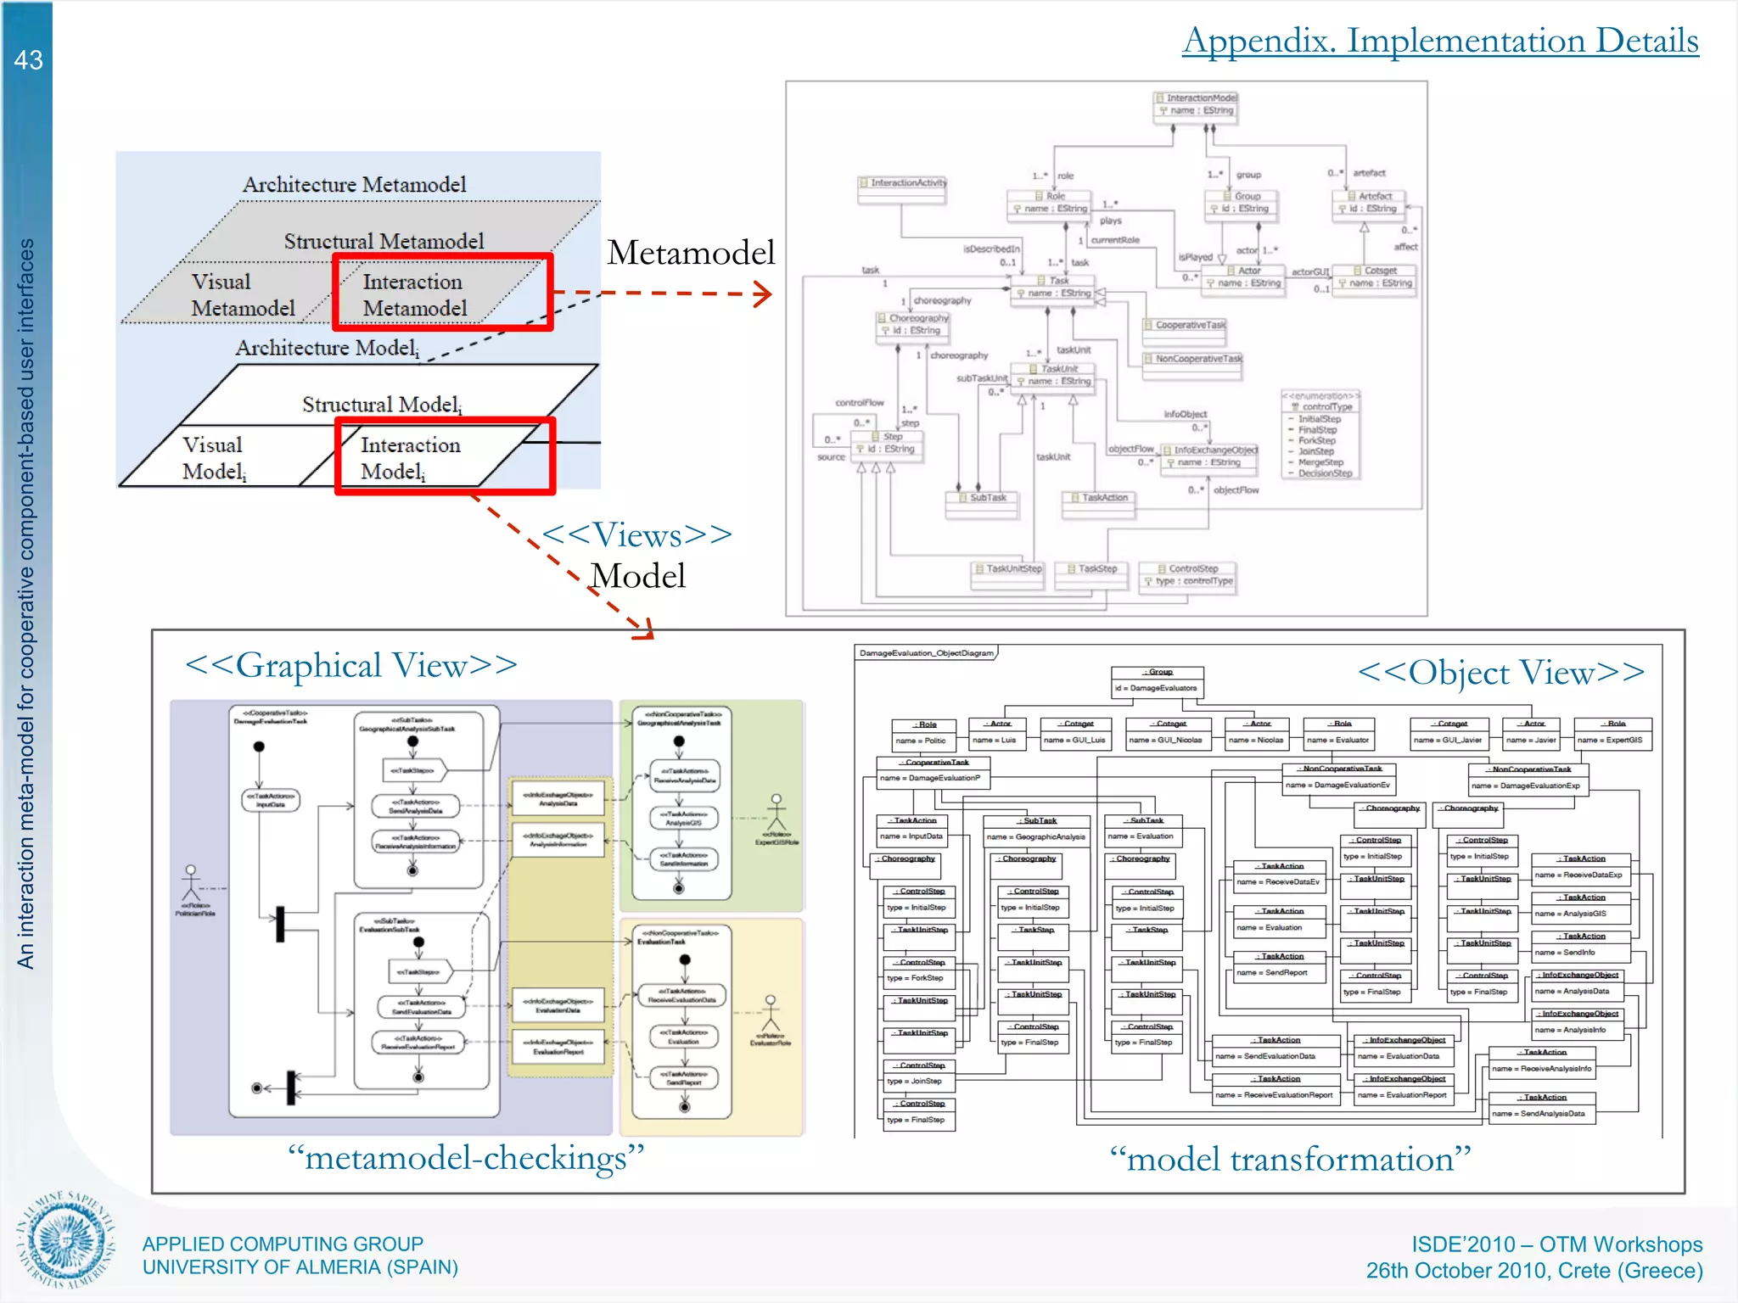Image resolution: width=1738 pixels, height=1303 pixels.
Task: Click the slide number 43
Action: [28, 60]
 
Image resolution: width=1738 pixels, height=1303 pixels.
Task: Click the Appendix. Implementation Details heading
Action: [1440, 41]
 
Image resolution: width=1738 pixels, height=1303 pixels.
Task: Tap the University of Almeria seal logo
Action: [65, 1239]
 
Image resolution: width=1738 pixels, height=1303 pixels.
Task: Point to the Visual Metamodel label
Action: [243, 294]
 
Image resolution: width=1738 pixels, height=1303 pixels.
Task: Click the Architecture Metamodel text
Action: [355, 184]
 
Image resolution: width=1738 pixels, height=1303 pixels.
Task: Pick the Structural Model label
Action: [382, 405]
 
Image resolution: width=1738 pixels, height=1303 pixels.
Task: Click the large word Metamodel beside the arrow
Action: [691, 253]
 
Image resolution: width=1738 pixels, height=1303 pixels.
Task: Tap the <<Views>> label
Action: [636, 534]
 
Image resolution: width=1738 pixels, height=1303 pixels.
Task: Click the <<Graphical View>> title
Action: [351, 665]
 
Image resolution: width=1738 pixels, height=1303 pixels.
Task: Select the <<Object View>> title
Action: [1500, 673]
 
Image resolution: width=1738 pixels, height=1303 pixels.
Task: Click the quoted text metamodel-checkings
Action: [466, 1158]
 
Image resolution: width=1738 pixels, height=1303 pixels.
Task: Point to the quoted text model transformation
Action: [1290, 1160]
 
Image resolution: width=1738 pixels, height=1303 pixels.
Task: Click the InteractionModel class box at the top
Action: [1197, 105]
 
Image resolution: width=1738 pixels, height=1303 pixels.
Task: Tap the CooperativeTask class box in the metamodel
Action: [1184, 326]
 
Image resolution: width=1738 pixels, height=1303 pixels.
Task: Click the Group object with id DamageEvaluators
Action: [1158, 681]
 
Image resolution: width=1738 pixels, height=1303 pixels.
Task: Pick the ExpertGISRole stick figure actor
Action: [776, 814]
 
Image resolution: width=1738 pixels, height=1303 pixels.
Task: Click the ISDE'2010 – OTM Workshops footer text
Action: [1556, 1244]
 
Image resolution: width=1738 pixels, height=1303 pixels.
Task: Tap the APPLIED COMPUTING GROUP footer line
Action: [283, 1244]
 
